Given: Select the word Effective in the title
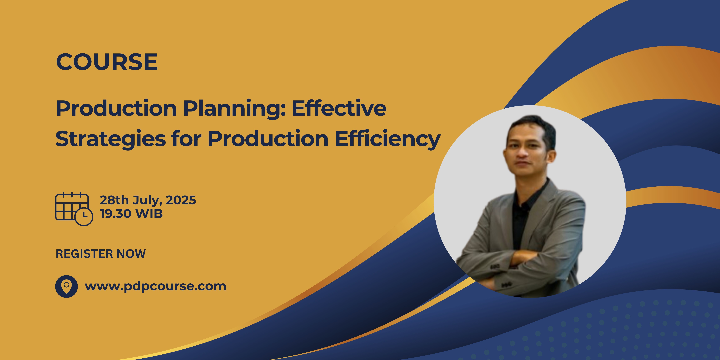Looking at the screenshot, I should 339,108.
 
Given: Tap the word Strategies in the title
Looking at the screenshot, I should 110,139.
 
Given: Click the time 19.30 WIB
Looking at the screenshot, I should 131,214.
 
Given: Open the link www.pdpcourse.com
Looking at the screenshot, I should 155,286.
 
